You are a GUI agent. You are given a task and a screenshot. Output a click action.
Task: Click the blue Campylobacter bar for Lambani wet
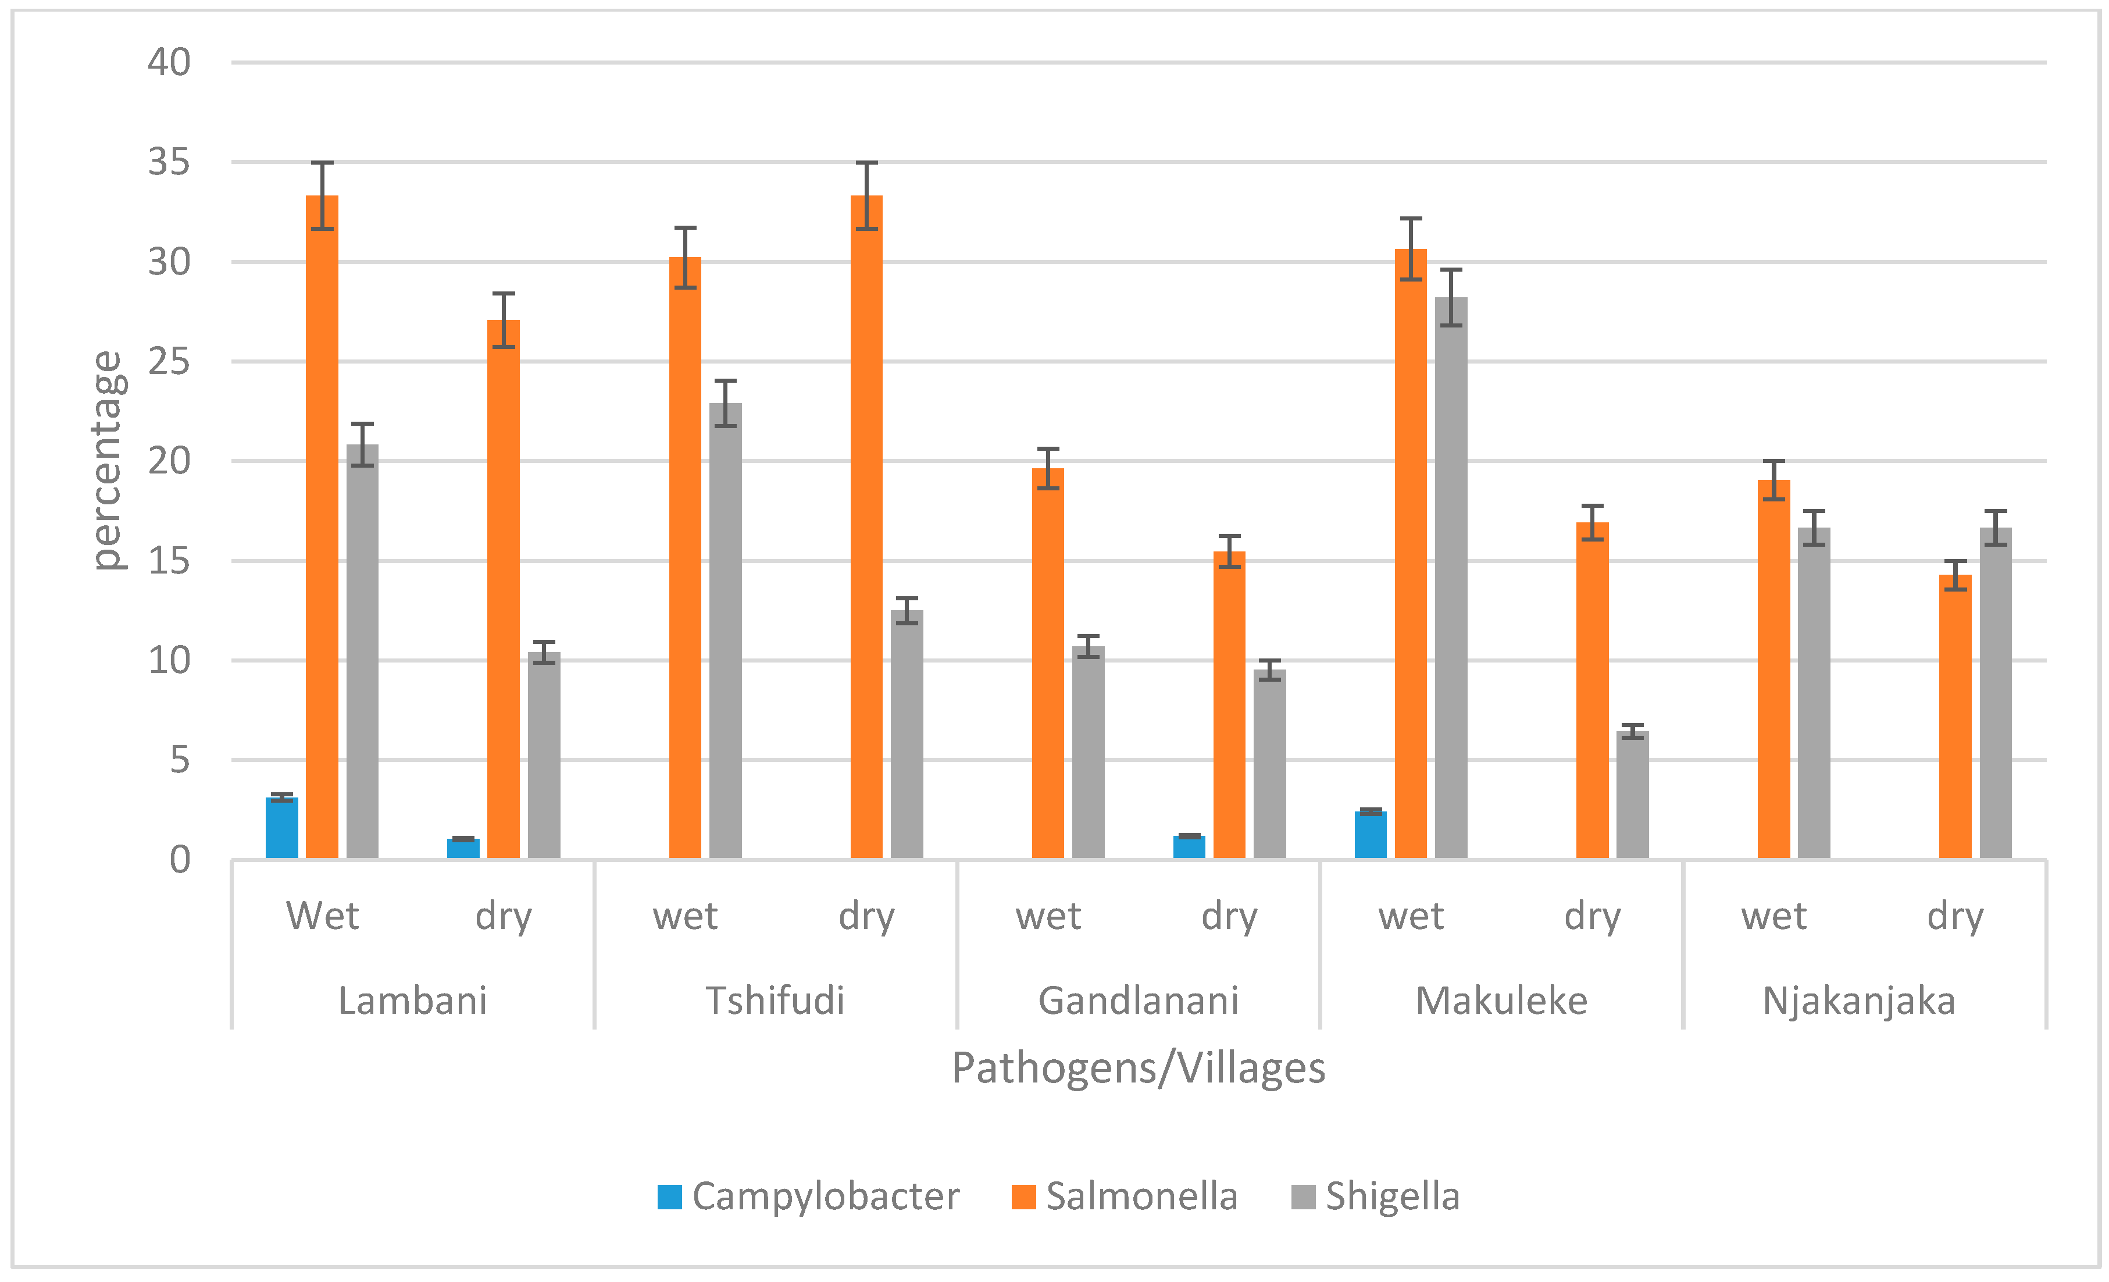coord(281,828)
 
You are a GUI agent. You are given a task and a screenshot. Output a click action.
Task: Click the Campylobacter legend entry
coord(809,1196)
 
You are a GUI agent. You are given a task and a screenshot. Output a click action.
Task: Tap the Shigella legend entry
coord(1375,1196)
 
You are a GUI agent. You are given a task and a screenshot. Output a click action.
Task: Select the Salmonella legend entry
coord(1125,1196)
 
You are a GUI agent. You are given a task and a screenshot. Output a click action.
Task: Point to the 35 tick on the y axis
coord(169,162)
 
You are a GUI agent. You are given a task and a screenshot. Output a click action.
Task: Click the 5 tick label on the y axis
coord(179,760)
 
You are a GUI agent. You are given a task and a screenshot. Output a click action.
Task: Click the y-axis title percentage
coord(109,460)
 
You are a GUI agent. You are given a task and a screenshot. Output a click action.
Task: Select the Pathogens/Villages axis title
coord(1139,1068)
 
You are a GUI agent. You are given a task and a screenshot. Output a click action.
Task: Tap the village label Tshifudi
coord(775,1000)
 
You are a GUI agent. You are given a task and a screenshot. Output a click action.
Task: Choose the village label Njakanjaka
coord(1859,1000)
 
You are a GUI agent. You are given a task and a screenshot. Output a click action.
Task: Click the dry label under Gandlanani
coord(1229,916)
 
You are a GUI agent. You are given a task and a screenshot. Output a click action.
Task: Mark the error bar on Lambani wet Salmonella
coord(322,195)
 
